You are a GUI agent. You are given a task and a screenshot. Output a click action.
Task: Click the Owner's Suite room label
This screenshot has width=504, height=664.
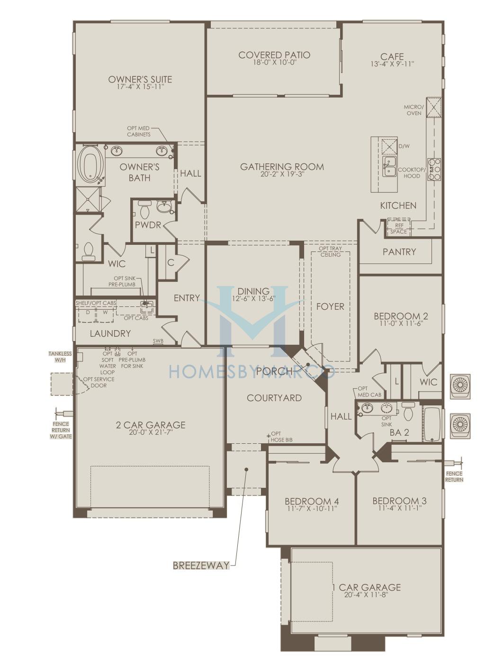point(140,79)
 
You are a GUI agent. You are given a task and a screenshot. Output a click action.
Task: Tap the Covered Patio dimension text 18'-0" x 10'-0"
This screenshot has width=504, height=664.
point(274,63)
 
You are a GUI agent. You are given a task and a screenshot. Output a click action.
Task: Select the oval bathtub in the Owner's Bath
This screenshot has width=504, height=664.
point(90,164)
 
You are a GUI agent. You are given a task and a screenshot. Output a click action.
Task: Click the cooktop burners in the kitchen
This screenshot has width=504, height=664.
point(434,170)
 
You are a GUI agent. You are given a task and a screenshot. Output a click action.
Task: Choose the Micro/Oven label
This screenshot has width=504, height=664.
point(414,110)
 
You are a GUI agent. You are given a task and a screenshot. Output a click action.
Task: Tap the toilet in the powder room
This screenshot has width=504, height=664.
point(145,208)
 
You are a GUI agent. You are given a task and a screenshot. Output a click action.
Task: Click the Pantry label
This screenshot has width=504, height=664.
point(399,251)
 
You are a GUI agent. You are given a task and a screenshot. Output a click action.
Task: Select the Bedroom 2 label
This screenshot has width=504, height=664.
point(401,316)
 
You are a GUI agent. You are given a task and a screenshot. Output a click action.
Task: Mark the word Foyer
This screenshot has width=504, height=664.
point(330,306)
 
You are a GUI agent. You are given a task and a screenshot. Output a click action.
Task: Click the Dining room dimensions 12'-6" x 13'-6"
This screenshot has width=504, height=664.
point(253,298)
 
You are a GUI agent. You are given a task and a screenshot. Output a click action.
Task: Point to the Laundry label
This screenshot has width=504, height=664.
point(110,333)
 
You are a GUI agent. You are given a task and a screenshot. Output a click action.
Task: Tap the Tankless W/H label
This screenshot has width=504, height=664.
point(60,357)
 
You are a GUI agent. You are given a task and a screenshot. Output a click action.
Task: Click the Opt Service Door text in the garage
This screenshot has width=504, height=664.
point(99,382)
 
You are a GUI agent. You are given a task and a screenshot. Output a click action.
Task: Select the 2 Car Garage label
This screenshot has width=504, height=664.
point(150,425)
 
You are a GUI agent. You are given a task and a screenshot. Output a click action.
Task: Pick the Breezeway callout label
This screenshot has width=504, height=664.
point(201,565)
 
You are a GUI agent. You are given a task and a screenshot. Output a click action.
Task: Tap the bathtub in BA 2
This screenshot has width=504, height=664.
point(432,423)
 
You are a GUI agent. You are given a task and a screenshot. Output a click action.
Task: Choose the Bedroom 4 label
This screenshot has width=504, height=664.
point(312,501)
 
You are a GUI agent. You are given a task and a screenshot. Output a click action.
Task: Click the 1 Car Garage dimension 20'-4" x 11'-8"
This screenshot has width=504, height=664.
point(366,595)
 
